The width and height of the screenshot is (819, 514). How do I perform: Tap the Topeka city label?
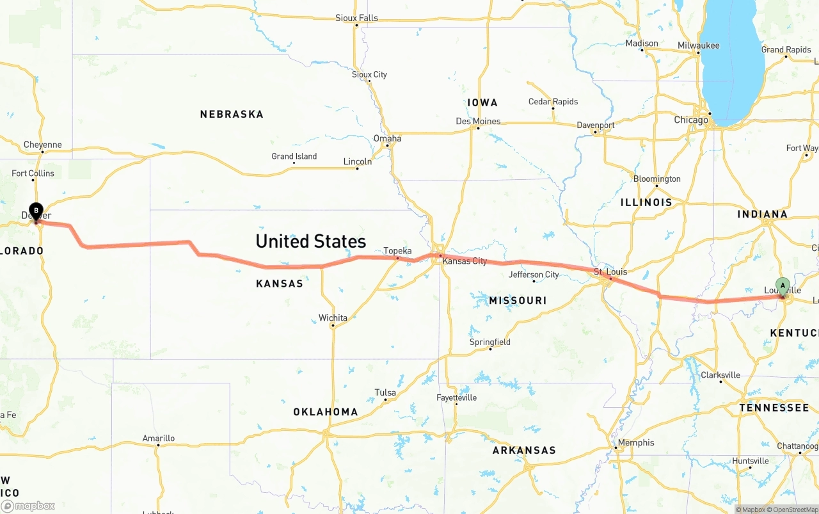(x=397, y=251)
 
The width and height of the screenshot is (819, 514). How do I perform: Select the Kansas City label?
(x=465, y=261)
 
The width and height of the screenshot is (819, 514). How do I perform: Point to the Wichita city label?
(x=333, y=318)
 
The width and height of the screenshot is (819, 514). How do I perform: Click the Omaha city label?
(x=388, y=138)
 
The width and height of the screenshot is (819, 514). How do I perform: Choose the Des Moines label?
(x=478, y=122)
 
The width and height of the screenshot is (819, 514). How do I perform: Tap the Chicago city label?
(x=691, y=120)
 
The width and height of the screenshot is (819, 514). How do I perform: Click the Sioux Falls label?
(x=356, y=18)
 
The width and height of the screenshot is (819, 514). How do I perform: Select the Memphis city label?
(x=636, y=442)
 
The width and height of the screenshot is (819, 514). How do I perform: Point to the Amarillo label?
(x=158, y=438)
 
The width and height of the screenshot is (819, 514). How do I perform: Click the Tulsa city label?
(x=385, y=392)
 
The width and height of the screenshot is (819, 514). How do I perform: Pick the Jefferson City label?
(x=534, y=275)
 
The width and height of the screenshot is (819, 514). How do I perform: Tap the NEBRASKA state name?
(x=232, y=115)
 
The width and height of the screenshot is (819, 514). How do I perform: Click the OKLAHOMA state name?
(x=326, y=412)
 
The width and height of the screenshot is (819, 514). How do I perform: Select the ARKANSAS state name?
(x=524, y=451)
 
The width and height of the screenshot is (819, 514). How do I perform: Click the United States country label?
(x=310, y=241)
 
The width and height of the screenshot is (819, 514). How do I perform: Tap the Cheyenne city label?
(x=43, y=145)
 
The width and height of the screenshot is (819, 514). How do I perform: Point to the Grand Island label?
(x=294, y=156)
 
